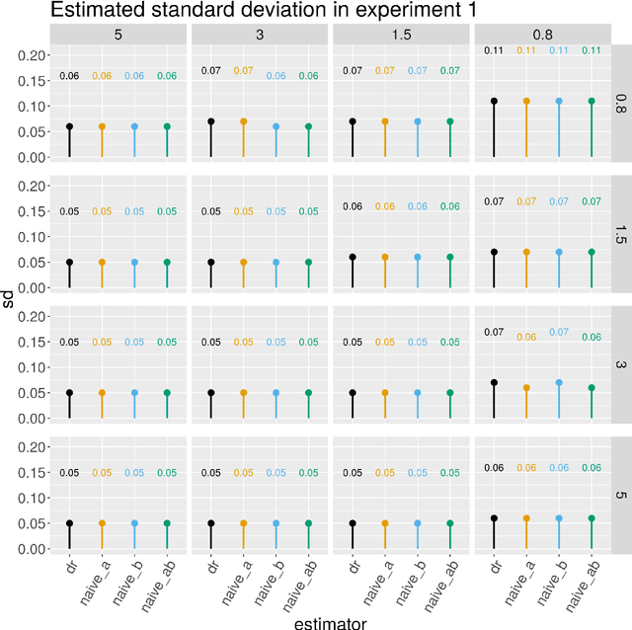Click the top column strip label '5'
coord(118,34)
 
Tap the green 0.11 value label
coord(591,50)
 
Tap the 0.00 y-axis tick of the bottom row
coord(29,548)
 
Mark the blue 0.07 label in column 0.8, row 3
coord(559,333)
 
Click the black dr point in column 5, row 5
coord(69,523)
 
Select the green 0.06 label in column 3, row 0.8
coord(308,76)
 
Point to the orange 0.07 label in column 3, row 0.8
coord(243,71)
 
